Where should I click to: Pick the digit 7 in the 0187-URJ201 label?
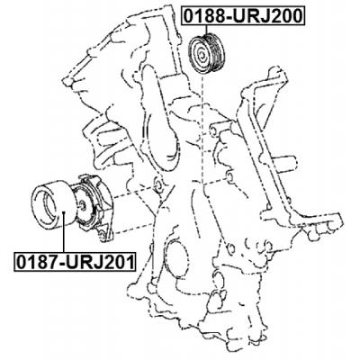(x=51, y=263)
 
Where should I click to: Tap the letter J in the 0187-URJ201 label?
(x=95, y=263)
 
